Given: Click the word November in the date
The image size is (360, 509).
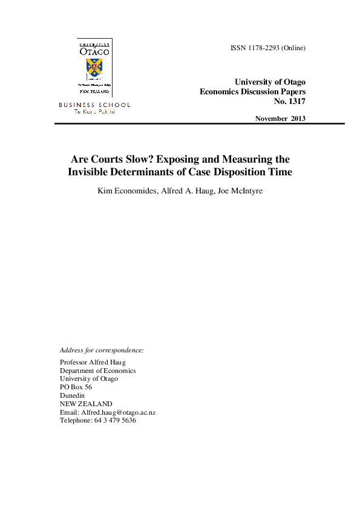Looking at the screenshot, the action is (x=271, y=118).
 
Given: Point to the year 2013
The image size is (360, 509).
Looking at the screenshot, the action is (x=298, y=118).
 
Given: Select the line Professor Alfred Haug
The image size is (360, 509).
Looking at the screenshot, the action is (x=93, y=362).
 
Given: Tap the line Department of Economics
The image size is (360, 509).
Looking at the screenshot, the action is (x=97, y=371).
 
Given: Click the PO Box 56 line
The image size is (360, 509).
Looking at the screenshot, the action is (x=76, y=387).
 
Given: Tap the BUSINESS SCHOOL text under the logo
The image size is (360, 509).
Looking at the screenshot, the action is (x=94, y=105).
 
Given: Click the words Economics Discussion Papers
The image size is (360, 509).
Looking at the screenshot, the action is (x=252, y=91).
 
